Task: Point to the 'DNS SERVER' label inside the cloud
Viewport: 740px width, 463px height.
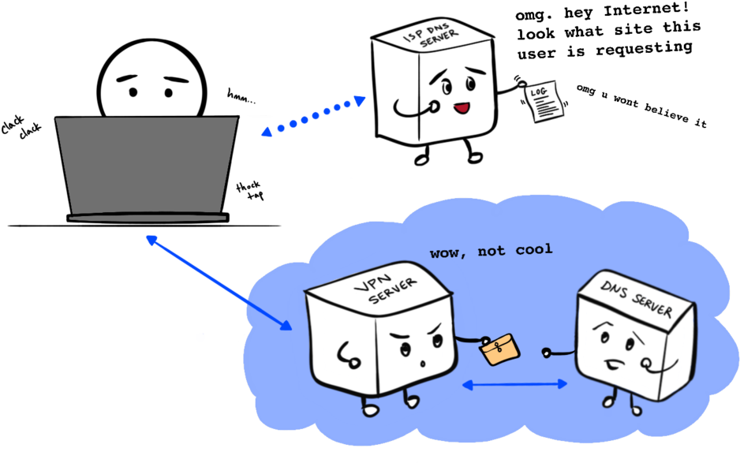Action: (636, 298)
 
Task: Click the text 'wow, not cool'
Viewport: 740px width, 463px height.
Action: (491, 252)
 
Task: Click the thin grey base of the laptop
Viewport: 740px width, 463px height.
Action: (148, 218)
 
